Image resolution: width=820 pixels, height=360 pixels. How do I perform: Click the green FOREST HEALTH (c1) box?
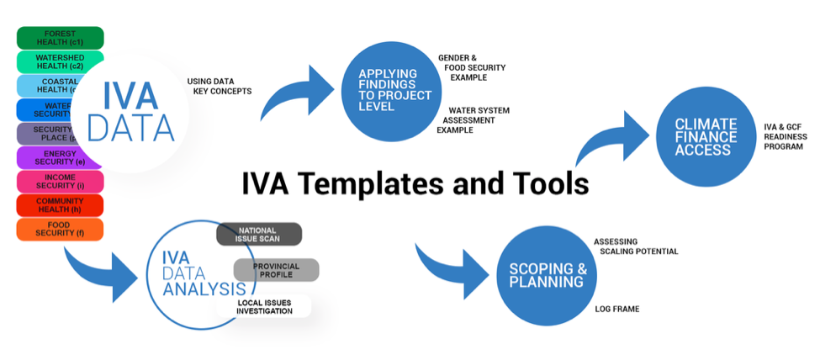[x=60, y=38]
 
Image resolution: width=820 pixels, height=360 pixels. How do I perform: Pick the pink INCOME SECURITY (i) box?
[x=60, y=182]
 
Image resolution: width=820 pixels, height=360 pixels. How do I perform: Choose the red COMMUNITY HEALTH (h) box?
[x=60, y=206]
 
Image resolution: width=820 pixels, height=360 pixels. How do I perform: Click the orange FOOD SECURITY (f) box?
[x=60, y=230]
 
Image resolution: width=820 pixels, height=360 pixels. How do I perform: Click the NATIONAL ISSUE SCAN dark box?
[x=258, y=235]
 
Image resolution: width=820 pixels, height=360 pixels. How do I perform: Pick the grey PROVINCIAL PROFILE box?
[x=276, y=270]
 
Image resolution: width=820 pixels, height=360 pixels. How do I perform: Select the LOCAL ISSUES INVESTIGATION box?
[x=265, y=306]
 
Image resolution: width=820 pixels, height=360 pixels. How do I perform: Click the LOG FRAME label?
[x=616, y=310]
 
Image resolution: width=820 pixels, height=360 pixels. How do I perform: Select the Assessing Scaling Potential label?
[x=634, y=246]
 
